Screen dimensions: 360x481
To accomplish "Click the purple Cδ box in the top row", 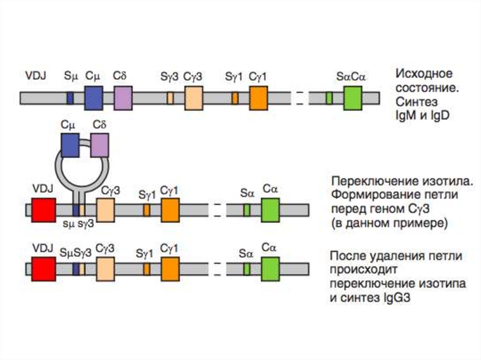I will [x=123, y=98].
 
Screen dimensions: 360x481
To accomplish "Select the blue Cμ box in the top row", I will [x=93, y=98].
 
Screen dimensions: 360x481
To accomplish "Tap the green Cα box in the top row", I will [x=352, y=98].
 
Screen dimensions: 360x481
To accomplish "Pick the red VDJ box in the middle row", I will [x=43, y=210].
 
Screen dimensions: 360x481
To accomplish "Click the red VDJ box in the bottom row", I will [x=43, y=269].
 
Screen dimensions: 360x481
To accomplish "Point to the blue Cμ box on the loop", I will [x=70, y=145].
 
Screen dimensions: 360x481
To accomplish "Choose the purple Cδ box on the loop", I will [x=100, y=145].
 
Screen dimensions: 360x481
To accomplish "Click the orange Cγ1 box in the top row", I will [x=258, y=98].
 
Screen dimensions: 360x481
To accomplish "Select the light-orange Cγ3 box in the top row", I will [x=194, y=98].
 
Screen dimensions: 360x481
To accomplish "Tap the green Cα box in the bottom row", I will [x=270, y=269].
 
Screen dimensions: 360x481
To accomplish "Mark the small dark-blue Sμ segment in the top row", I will [x=70, y=98].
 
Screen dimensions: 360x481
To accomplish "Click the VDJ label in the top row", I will [x=36, y=75].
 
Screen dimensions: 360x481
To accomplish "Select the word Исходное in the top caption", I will [x=424, y=74].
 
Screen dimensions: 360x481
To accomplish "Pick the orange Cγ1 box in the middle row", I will [x=170, y=210].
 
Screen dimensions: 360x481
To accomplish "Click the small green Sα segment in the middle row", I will [x=247, y=210].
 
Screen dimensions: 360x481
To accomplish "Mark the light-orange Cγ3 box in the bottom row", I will [x=105, y=269].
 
